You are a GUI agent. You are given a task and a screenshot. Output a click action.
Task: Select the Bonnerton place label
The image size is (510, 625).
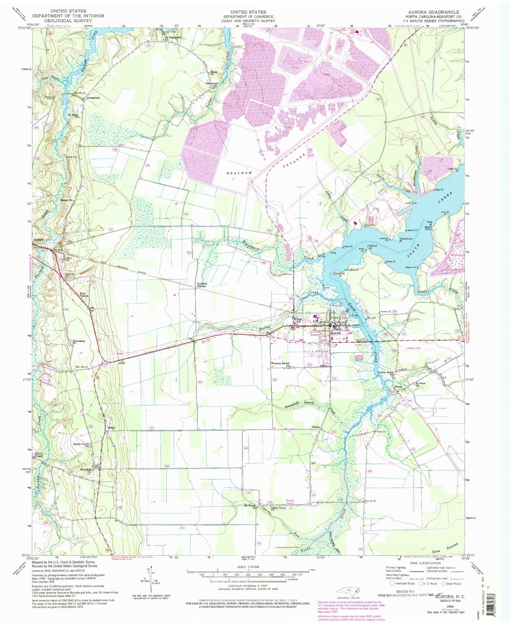pos(91,98)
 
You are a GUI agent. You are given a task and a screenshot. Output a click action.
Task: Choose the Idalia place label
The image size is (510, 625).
pos(315,427)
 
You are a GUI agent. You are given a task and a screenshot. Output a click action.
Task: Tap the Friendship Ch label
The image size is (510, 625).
pos(79,342)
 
